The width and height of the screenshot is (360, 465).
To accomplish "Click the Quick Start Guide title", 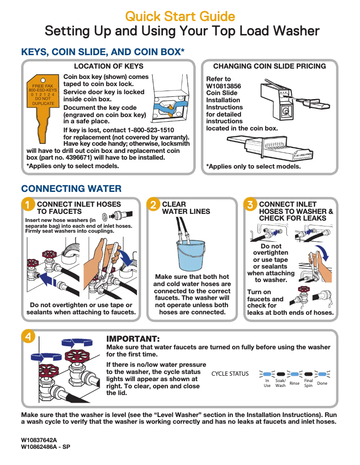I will [180, 17].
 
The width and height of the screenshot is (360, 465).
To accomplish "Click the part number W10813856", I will [224, 86].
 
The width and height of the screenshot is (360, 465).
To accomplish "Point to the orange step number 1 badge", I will [28, 205].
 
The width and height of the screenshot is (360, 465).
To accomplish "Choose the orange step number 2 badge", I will [154, 205].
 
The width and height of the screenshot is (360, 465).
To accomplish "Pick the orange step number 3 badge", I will [250, 205].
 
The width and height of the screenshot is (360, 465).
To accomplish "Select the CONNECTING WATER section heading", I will [71, 188].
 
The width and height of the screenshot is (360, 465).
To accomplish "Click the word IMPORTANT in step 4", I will [133, 339].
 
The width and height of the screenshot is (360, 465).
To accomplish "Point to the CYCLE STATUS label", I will [230, 374].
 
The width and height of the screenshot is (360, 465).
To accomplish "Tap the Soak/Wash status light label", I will [281, 383].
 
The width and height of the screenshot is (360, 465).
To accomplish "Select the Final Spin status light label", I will [308, 383].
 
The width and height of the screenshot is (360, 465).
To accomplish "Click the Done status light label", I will [322, 383].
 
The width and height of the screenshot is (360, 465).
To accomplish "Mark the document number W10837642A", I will [39, 440].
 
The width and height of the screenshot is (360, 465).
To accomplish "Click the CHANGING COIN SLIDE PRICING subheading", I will [269, 66].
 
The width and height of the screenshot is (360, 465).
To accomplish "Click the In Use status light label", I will [267, 383].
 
